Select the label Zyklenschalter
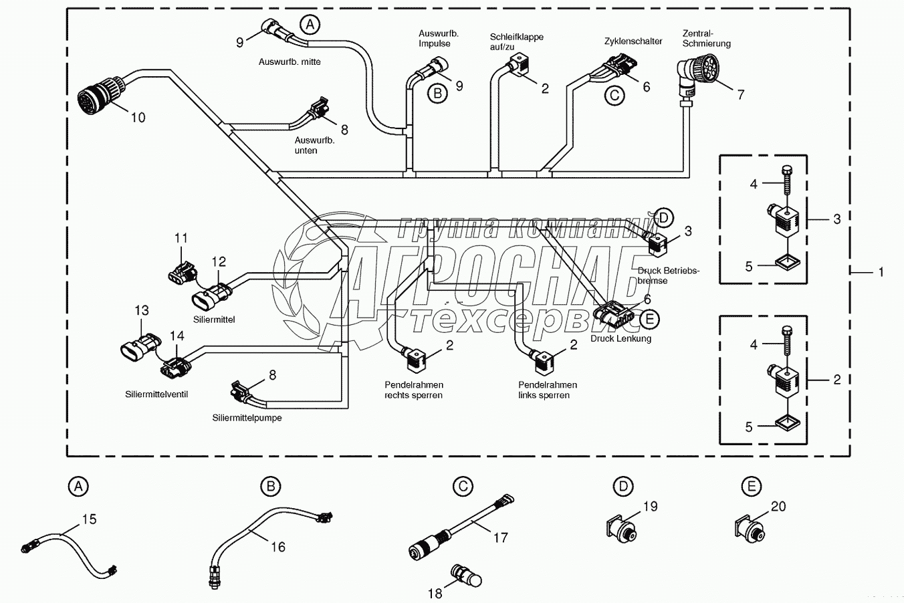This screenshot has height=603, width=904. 633,41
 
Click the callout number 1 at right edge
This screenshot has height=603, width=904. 881,272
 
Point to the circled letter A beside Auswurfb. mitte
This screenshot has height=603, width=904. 309,25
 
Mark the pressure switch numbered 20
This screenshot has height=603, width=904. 748,527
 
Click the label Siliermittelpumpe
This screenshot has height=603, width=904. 247,418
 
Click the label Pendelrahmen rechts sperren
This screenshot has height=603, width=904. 413,390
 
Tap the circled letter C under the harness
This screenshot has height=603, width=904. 614,96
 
